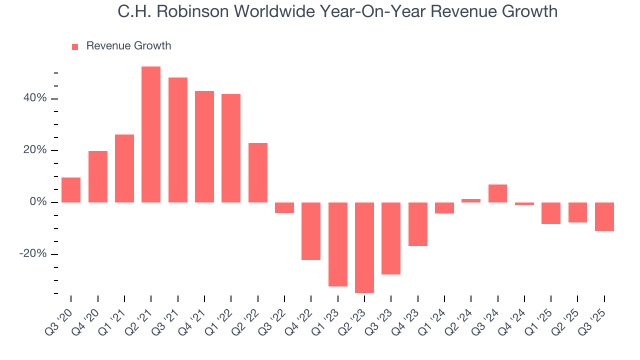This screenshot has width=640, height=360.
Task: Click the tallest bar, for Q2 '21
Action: click(151, 134)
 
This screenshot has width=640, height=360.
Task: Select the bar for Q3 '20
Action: click(71, 190)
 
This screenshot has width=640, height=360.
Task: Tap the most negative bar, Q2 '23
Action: click(364, 247)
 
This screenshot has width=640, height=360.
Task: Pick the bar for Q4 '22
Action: click(311, 231)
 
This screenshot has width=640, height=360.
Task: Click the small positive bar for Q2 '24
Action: click(471, 200)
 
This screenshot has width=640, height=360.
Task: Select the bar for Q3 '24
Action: click(498, 193)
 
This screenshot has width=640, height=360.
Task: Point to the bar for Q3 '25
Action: click(604, 216)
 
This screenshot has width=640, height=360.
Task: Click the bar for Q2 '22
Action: click(258, 172)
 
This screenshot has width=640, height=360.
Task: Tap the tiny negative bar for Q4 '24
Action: click(524, 204)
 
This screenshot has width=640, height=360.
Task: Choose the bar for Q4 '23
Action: click(418, 224)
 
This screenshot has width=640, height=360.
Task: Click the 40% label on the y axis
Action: click(34, 98)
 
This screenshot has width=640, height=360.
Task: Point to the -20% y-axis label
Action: click(33, 254)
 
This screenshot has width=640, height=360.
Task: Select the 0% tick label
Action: click(37, 202)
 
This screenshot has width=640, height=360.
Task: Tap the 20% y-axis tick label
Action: click(34, 150)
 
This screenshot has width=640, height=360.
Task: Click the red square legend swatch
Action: click(75, 47)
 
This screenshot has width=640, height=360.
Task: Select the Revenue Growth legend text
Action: click(128, 46)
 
